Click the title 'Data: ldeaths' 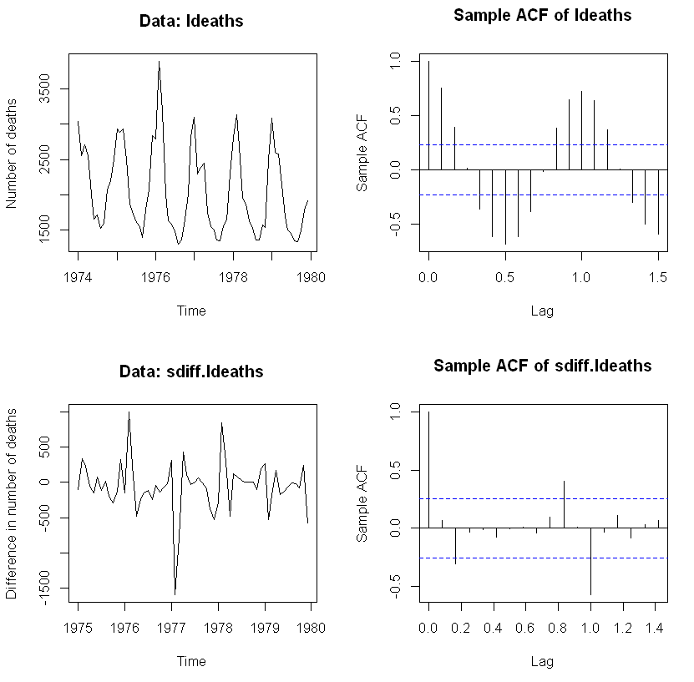191,21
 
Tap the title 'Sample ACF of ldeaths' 542,16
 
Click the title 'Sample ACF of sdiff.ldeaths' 542,366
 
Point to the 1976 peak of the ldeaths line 159,63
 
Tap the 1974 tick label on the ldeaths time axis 79,277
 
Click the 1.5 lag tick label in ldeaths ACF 657,277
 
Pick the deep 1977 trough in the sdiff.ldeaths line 175,593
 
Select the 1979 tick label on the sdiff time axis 265,627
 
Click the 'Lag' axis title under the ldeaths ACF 542,311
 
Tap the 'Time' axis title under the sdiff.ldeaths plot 191,661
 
